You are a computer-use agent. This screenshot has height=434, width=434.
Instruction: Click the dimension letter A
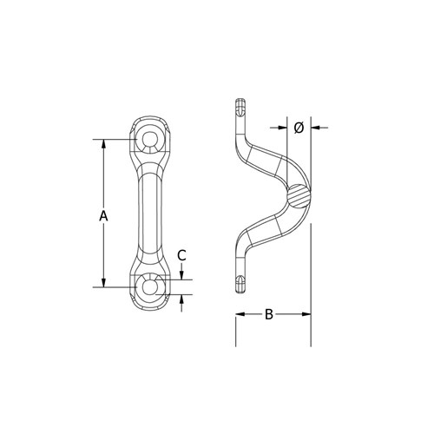click(x=102, y=214)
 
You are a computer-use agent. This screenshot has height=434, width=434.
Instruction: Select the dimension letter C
click(x=181, y=254)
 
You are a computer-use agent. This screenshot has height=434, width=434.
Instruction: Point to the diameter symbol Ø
click(x=298, y=128)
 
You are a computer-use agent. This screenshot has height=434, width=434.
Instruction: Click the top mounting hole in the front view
click(x=150, y=140)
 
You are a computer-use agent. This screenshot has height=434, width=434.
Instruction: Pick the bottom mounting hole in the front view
click(x=150, y=286)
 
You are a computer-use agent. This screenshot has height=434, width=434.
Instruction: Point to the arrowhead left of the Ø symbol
click(x=282, y=128)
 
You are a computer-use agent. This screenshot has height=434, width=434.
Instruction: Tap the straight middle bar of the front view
click(x=150, y=213)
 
